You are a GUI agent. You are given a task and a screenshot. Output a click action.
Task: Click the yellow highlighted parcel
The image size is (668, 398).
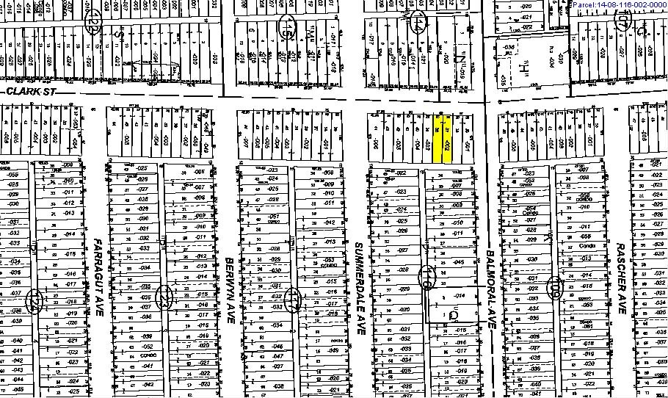[x=440, y=138]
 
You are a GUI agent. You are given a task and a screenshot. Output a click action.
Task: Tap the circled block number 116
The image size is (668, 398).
[x=426, y=278]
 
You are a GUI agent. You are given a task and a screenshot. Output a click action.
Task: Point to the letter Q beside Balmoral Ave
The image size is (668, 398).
[x=452, y=316]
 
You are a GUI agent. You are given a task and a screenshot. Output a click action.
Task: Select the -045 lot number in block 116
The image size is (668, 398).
[x=459, y=261]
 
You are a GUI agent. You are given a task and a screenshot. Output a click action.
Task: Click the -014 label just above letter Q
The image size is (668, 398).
[x=460, y=295]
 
